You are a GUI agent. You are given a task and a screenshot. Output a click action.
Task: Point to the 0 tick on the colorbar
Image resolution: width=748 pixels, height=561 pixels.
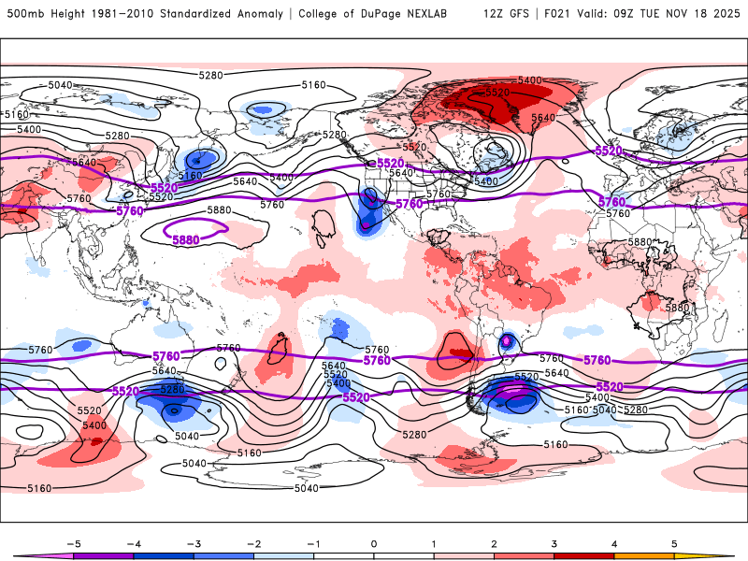[373, 542]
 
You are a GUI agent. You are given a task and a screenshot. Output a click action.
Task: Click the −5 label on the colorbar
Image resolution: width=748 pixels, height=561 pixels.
[71, 542]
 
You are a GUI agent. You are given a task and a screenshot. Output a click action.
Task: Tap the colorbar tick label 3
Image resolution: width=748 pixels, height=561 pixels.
[554, 542]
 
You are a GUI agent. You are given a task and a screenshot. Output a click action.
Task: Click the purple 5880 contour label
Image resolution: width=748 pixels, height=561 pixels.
[186, 240]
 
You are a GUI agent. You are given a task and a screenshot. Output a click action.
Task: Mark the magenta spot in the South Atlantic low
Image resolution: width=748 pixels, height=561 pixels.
[508, 341]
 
